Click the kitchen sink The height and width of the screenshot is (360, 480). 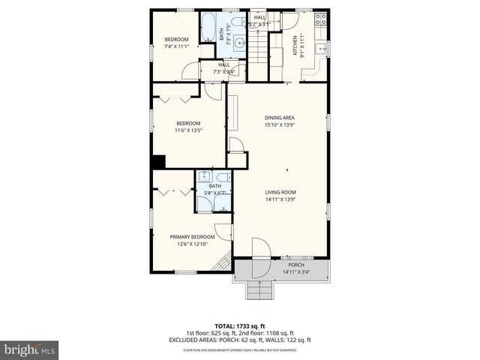pos(320,49)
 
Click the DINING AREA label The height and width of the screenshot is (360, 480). pos(279,118)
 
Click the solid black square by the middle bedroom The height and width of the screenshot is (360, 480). pos(157,162)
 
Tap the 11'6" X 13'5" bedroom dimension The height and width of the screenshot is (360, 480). pos(188,130)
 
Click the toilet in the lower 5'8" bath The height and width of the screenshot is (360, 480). pos(223,179)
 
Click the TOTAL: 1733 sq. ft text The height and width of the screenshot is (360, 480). pos(239,326)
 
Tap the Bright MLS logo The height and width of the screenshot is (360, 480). pos(30,349)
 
